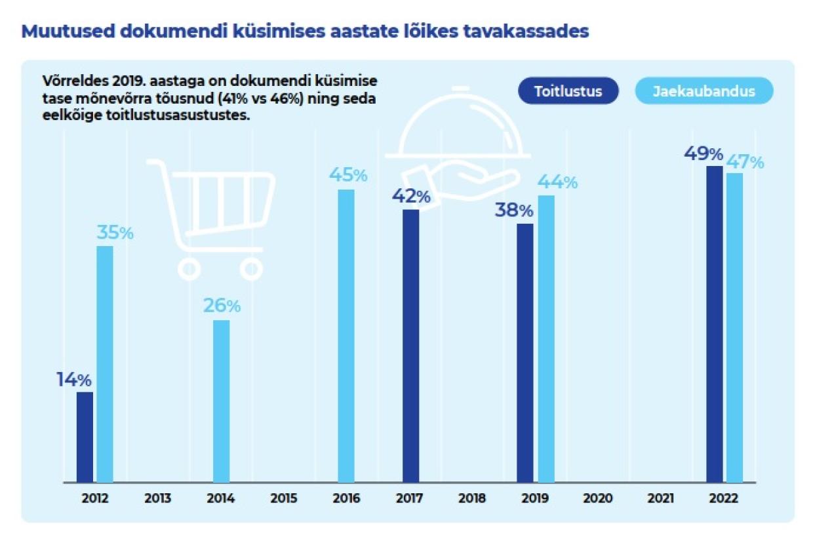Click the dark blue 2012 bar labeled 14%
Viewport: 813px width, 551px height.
(85, 437)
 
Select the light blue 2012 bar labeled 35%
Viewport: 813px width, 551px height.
(105, 364)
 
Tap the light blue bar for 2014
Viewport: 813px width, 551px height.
(222, 401)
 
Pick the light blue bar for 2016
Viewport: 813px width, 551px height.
(346, 336)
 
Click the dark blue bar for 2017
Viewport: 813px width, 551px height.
(410, 346)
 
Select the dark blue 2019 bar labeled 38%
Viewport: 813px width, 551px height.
(525, 353)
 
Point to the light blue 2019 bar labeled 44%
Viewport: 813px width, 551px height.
(545, 338)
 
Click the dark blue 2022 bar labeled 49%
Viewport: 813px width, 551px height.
(714, 324)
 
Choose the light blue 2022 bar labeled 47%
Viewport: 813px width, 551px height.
(734, 327)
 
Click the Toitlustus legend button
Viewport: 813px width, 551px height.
(568, 91)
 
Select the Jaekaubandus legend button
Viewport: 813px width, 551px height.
(704, 91)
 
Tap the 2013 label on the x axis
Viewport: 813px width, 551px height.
(158, 499)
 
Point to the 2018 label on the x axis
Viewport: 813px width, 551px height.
(472, 499)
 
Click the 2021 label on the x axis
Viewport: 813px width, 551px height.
(661, 499)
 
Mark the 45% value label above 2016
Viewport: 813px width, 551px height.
(347, 175)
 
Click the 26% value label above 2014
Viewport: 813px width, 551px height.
(222, 306)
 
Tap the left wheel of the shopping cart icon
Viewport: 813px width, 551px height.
(189, 268)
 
